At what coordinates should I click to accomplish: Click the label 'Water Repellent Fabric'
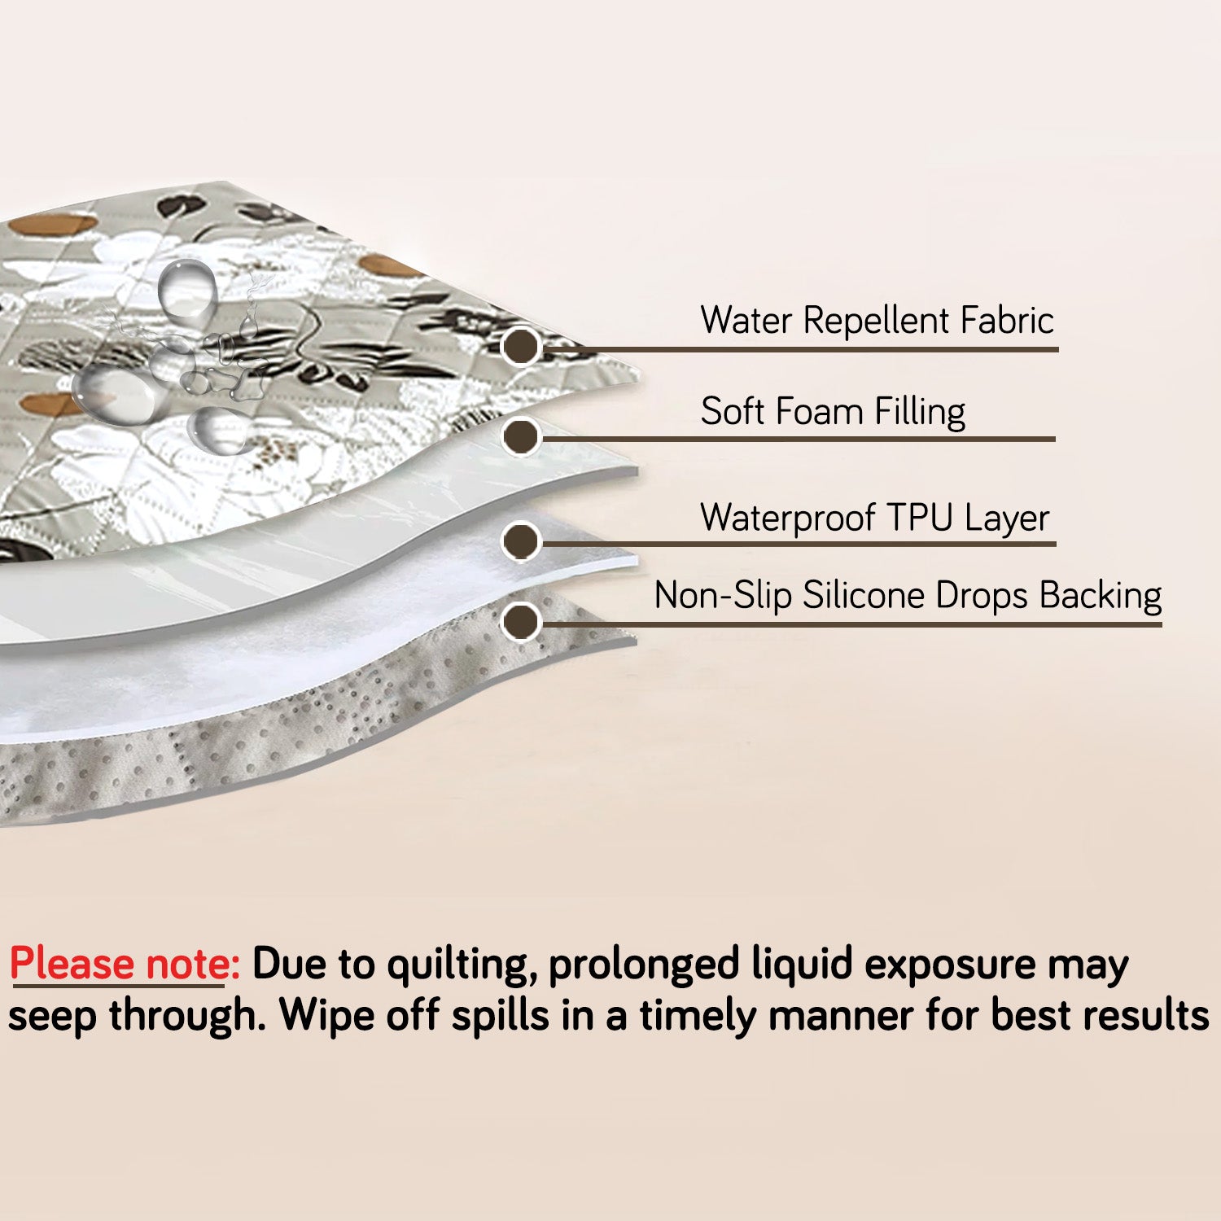tap(877, 320)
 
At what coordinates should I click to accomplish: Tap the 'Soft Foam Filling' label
tap(833, 412)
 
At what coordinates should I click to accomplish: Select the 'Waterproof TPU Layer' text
tap(875, 519)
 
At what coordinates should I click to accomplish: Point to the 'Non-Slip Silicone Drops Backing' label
tap(908, 596)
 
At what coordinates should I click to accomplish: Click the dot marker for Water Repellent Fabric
tap(520, 347)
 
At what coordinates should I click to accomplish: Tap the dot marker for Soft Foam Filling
tap(520, 436)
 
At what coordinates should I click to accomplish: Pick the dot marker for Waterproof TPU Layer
tap(520, 541)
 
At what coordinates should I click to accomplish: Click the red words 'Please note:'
tap(125, 965)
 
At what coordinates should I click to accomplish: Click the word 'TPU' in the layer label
tap(919, 519)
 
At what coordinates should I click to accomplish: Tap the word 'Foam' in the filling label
tap(822, 412)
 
